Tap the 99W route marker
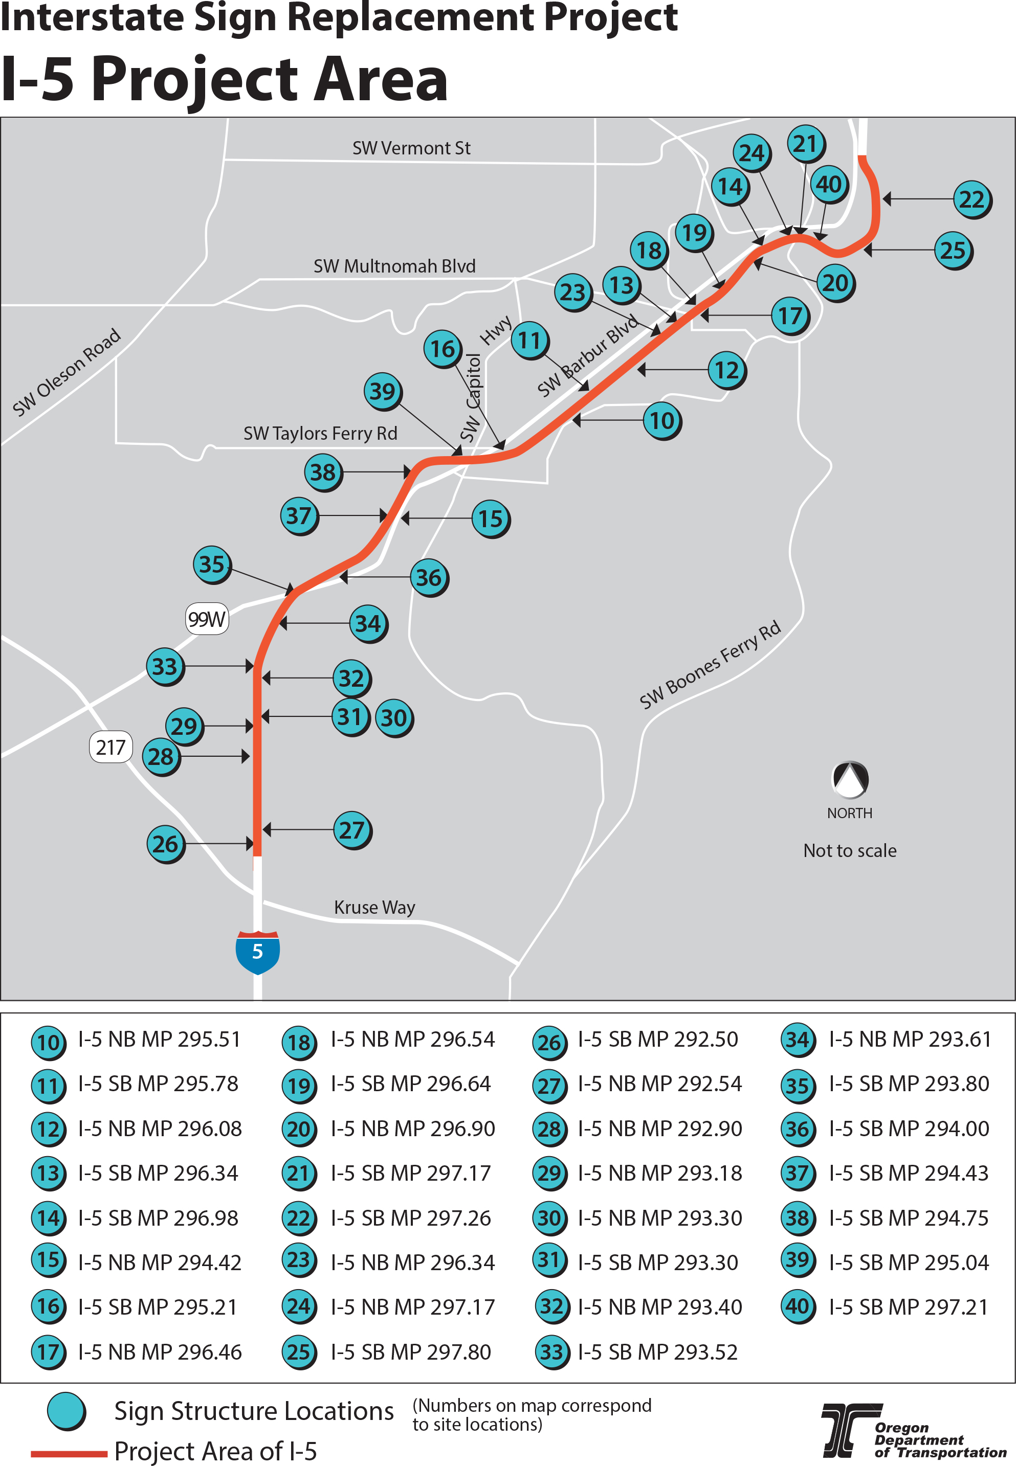[x=206, y=619]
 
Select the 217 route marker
[x=111, y=747]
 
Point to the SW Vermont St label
[x=411, y=148]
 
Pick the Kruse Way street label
[x=374, y=907]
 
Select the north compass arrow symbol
[x=850, y=779]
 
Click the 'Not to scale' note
[x=850, y=851]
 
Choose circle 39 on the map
[x=382, y=391]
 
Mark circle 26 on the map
[x=165, y=844]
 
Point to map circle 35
[x=211, y=564]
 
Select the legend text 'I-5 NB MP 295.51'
[x=159, y=1039]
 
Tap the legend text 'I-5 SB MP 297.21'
[x=908, y=1307]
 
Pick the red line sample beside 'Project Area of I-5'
[x=69, y=1453]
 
